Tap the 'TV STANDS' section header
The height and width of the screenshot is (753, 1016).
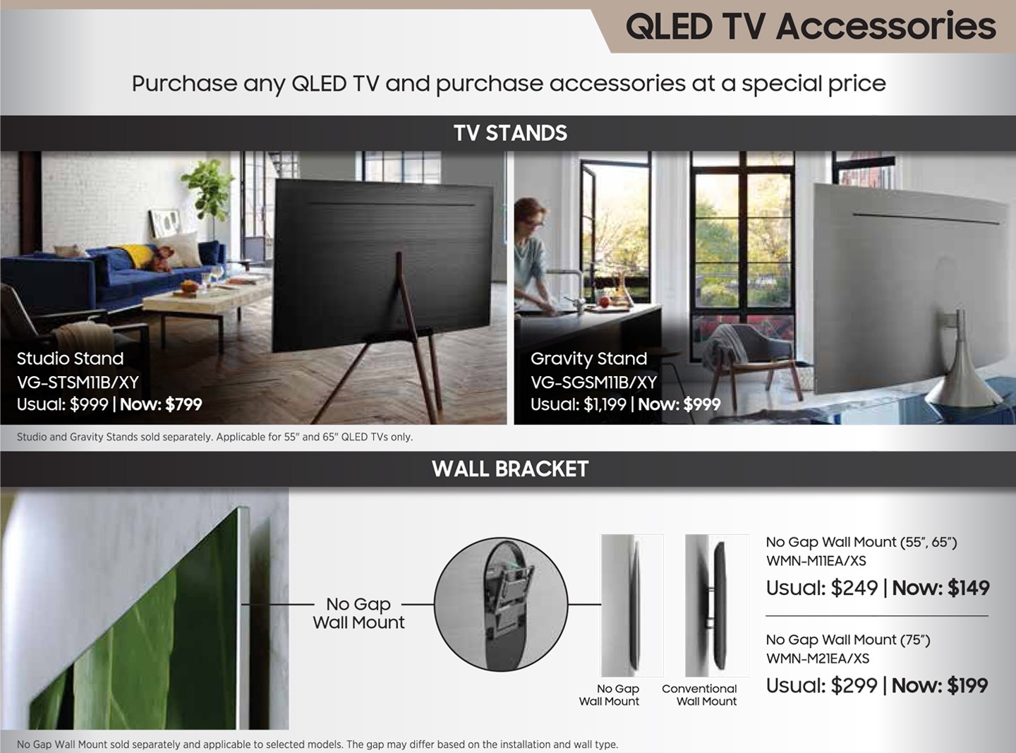pos(510,133)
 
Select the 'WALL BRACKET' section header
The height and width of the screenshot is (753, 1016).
pos(510,469)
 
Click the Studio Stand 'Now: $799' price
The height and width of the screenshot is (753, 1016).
pos(161,404)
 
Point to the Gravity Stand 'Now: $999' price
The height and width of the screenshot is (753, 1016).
pos(679,404)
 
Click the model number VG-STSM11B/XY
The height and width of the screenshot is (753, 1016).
pos(78,382)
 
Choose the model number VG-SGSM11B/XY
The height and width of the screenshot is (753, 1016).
pos(593,382)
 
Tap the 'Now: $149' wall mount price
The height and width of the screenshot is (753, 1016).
pos(941,588)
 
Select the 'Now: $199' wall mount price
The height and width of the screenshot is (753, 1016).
pos(940,686)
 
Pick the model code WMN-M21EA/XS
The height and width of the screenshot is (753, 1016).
pos(818,658)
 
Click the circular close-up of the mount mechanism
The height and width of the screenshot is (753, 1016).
pos(501,605)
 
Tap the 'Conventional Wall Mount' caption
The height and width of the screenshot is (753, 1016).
pos(700,695)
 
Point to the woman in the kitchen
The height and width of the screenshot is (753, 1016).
pos(533,257)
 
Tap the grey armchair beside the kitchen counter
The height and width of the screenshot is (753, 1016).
pos(751,358)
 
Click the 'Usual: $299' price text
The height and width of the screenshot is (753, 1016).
pos(822,686)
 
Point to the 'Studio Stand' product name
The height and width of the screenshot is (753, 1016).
pos(70,359)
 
